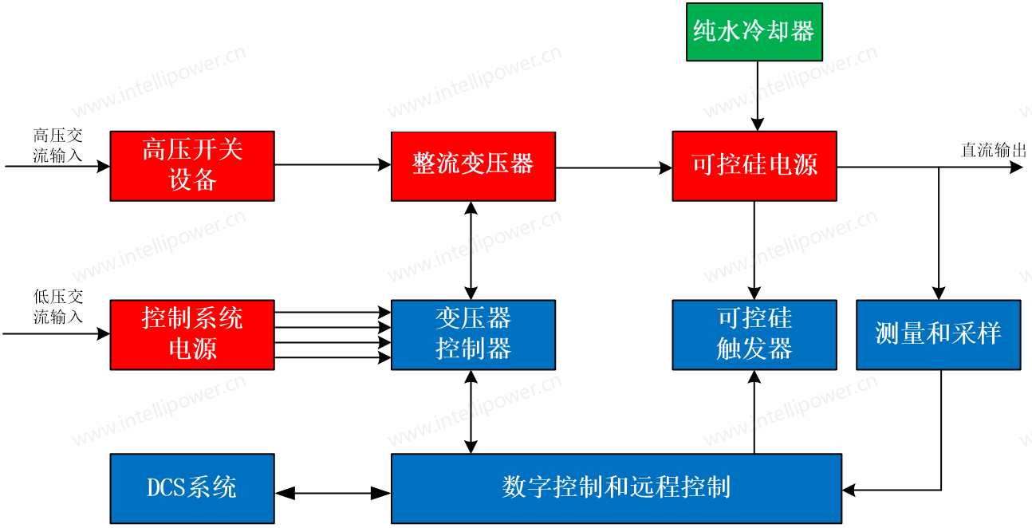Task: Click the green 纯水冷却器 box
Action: click(x=754, y=32)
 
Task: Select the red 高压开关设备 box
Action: click(x=192, y=165)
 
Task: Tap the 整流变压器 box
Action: click(x=473, y=165)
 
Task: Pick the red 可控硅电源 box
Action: click(x=754, y=165)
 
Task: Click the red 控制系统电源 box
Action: click(x=192, y=334)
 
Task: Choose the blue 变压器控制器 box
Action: click(x=473, y=334)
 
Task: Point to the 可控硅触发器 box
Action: click(x=754, y=334)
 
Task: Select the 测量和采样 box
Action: click(x=938, y=334)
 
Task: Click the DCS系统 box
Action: click(x=192, y=488)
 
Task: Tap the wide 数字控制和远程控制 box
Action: click(x=616, y=488)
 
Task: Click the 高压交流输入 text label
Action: click(x=57, y=146)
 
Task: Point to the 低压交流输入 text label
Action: click(x=57, y=307)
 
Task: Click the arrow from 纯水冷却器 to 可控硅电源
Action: click(x=755, y=96)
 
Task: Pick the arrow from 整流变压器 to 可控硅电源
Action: click(x=614, y=167)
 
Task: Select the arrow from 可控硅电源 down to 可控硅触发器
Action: click(x=754, y=250)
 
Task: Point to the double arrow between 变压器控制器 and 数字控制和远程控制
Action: click(x=471, y=412)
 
